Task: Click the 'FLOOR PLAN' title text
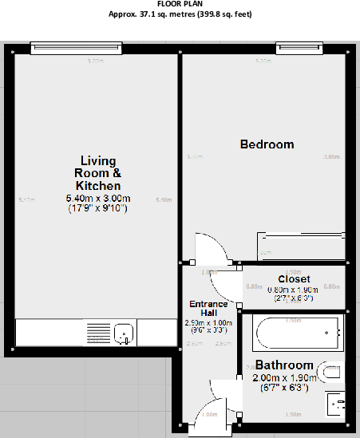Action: pos(180,4)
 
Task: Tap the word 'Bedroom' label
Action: pos(267,144)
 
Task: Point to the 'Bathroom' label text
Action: pos(284,365)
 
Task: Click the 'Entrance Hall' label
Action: pos(208,308)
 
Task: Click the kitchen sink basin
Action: pos(123,332)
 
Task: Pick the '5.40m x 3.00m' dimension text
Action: pos(97,199)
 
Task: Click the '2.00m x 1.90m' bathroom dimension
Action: pos(284,378)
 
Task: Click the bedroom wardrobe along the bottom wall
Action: pos(300,245)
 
